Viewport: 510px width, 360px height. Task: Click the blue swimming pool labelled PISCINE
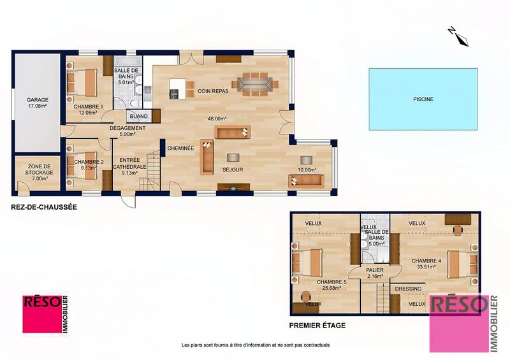[x=423, y=99]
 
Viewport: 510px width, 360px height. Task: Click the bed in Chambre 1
[x=82, y=81]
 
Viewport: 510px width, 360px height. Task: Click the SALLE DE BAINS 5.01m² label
[x=126, y=76]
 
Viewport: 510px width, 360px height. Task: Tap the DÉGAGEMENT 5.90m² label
[x=127, y=131]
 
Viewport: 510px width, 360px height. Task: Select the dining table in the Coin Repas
[x=254, y=83]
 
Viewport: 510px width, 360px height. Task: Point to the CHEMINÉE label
[x=180, y=148]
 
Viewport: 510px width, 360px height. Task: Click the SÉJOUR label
[x=231, y=170]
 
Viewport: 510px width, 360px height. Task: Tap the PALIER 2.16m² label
[x=375, y=273]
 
